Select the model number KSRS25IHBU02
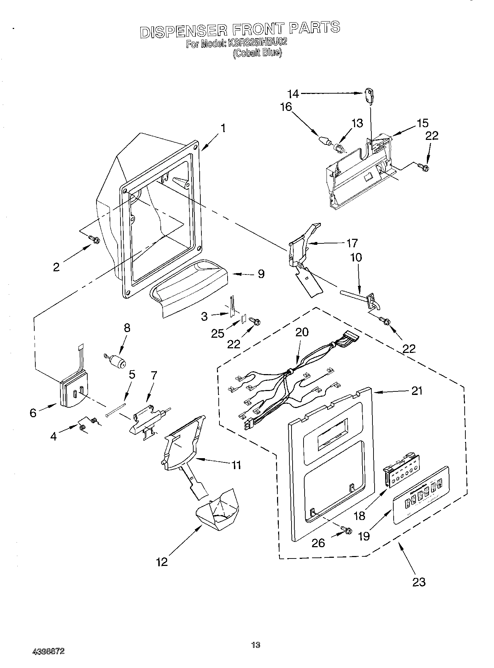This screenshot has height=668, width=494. (x=257, y=43)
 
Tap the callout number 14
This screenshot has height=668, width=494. (x=293, y=94)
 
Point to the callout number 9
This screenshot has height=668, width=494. (x=261, y=274)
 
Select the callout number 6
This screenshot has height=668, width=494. (x=33, y=413)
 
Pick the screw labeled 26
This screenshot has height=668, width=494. (x=346, y=530)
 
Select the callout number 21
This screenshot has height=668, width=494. (x=417, y=391)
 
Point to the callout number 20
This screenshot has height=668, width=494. (x=302, y=332)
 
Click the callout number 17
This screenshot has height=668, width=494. (x=352, y=243)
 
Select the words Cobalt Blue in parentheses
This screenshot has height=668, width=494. (x=257, y=53)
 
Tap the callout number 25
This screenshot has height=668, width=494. (x=218, y=333)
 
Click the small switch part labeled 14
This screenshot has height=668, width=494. (x=369, y=96)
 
